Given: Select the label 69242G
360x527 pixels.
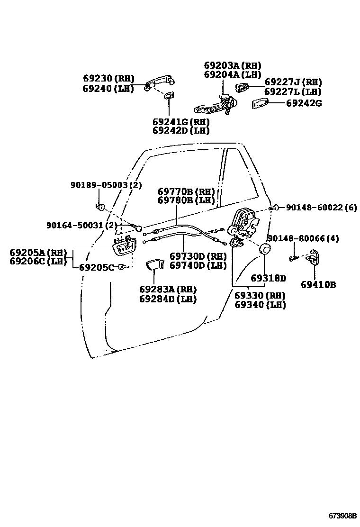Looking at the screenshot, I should (304, 103).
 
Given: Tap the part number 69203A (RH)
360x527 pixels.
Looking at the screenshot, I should (233, 65).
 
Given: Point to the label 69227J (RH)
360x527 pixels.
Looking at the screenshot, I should (293, 82).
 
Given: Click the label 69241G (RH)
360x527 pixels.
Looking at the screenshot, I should (181, 121).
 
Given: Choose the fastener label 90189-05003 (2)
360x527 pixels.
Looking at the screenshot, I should (106, 185).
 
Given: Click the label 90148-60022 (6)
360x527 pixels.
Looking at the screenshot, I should (321, 208).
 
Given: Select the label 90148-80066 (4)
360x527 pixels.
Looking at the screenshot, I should (303, 238).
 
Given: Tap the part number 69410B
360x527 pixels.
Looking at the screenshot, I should (318, 285).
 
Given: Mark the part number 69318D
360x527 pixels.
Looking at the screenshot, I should (268, 278).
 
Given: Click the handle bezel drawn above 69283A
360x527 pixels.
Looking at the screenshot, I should (154, 264).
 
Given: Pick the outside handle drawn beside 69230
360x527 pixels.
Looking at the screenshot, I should (159, 83).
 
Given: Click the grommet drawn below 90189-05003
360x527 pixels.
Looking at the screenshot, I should (100, 207).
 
